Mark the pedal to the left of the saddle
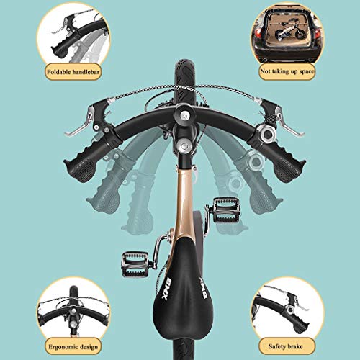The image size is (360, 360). point(137,259)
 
